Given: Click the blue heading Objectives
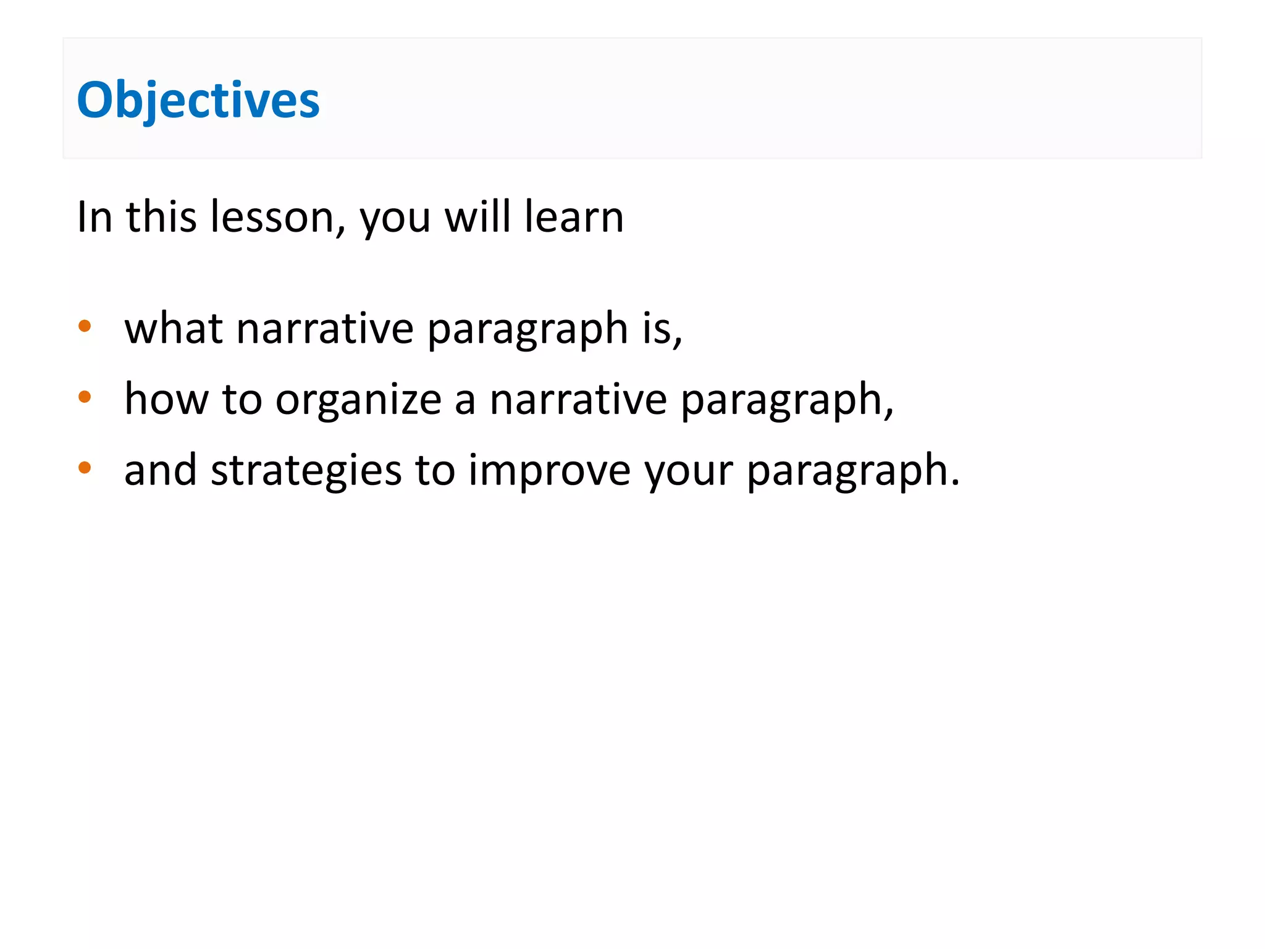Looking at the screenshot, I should [x=198, y=100].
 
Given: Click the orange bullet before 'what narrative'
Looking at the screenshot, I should [x=85, y=326].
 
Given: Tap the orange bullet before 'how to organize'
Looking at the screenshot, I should [x=85, y=397].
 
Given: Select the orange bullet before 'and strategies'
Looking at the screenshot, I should [x=85, y=468].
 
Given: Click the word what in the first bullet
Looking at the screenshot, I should [x=174, y=328].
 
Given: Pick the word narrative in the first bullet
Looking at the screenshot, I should [x=325, y=328].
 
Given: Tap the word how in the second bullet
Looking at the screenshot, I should [x=166, y=399].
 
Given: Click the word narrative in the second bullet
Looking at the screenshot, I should [x=578, y=399].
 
